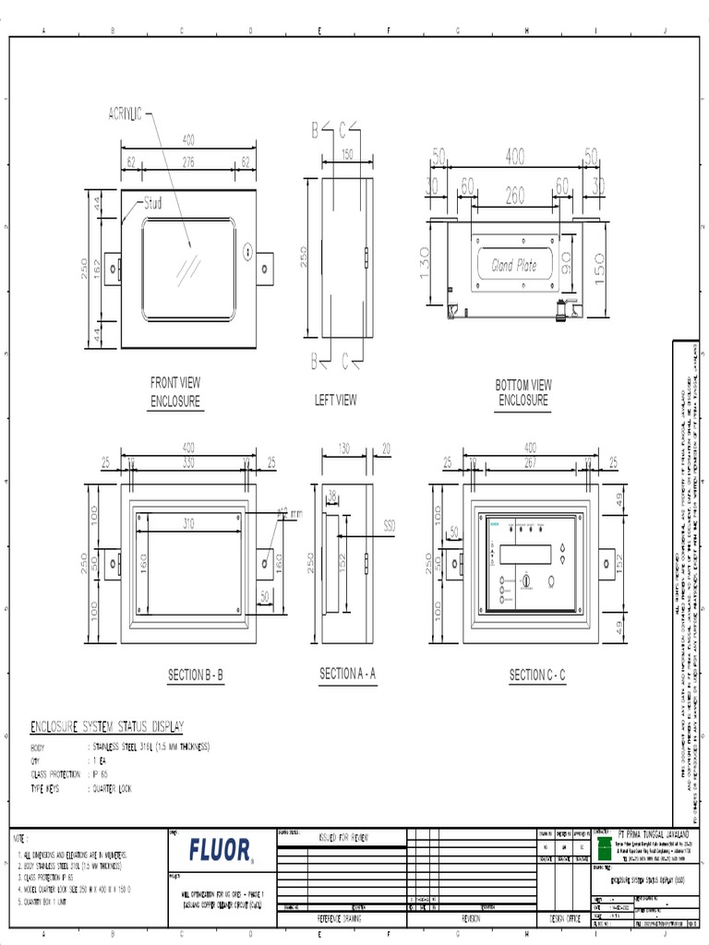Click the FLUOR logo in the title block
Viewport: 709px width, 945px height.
[x=220, y=849]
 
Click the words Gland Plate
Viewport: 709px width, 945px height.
[x=513, y=266]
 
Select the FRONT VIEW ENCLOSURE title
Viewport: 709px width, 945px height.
[x=175, y=392]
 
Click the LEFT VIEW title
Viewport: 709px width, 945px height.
[x=335, y=401]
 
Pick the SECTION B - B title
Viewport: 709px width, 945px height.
[x=195, y=676]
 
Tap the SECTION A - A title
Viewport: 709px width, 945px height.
[x=347, y=675]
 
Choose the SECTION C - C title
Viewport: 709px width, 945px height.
[x=537, y=676]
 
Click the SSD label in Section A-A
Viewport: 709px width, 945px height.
[x=389, y=524]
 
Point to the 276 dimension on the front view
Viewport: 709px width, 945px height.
[x=188, y=162]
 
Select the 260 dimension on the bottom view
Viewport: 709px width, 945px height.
[x=514, y=195]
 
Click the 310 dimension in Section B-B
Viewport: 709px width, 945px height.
[x=188, y=523]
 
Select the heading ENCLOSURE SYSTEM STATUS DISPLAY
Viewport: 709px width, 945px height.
[x=108, y=725]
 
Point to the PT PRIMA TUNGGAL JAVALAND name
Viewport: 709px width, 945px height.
[x=651, y=830]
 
